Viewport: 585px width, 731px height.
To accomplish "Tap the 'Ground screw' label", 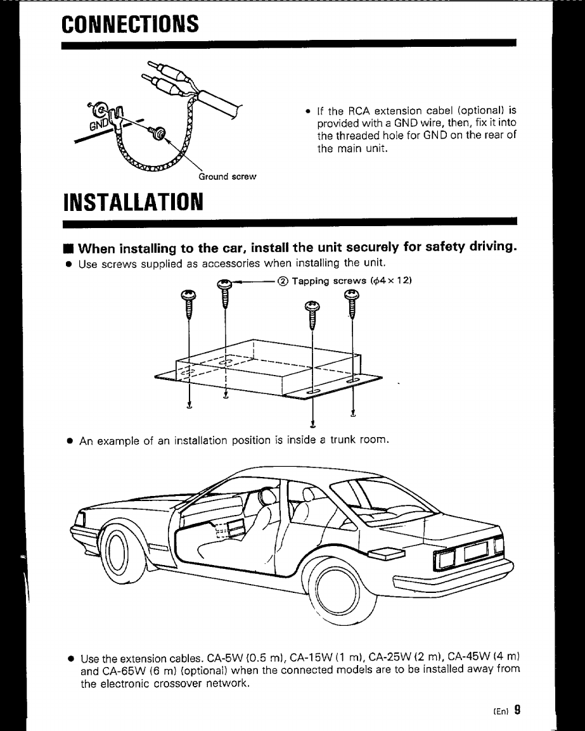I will point(227,177).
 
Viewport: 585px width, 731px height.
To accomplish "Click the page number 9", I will point(517,709).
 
